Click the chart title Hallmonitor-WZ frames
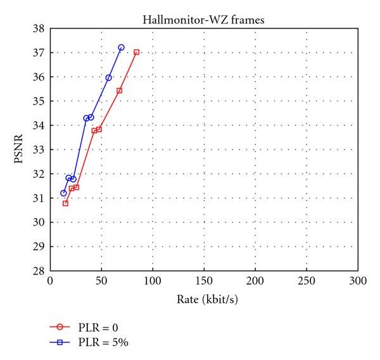pyautogui.click(x=203, y=20)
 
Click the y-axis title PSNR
pyautogui.click(x=20, y=150)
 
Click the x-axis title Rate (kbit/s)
pyautogui.click(x=203, y=297)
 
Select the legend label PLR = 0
pyautogui.click(x=99, y=328)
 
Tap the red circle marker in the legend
pyautogui.click(x=60, y=328)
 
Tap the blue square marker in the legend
pyautogui.click(x=60, y=342)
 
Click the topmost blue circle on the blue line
pyautogui.click(x=121, y=48)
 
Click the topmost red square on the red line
pyautogui.click(x=136, y=52)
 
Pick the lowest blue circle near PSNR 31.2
pyautogui.click(x=63, y=193)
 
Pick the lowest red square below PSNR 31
pyautogui.click(x=65, y=203)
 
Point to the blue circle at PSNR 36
pyautogui.click(x=108, y=77)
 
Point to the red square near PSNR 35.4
pyautogui.click(x=119, y=91)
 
